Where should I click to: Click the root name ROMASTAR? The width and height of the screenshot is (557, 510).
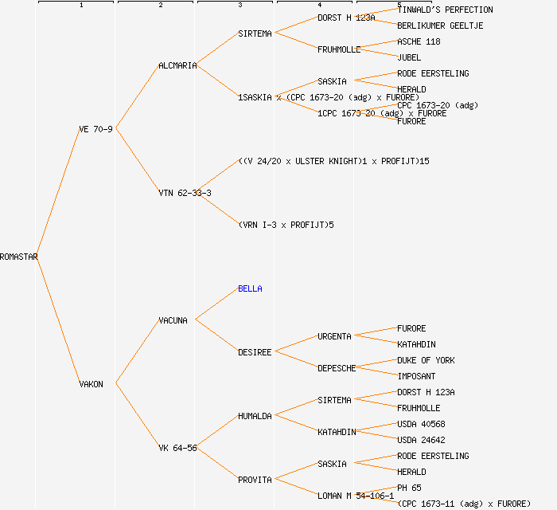pos(19,257)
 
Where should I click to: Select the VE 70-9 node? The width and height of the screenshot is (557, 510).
pos(95,129)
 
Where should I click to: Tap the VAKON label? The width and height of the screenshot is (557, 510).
pos(91,384)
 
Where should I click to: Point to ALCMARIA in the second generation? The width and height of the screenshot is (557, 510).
pos(177,65)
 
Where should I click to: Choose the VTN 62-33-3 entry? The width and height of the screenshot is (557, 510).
pos(185,193)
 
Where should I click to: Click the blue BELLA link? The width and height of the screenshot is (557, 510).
pos(250,288)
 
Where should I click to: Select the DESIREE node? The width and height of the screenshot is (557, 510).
pos(255,352)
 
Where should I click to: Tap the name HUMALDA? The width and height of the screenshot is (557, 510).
pos(255,416)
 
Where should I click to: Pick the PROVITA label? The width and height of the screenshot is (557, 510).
pos(255,480)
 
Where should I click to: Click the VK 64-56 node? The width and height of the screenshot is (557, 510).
pos(177,448)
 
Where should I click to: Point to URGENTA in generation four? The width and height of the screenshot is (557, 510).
pos(334,336)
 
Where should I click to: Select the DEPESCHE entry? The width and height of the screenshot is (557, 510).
pos(337,368)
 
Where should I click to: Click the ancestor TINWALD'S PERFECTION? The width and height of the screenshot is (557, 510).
pos(445,10)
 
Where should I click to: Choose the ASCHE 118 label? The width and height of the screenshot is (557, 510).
pos(419,41)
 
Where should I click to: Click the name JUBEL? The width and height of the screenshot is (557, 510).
pos(409,57)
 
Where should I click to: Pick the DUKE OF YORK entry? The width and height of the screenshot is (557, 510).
pos(426,360)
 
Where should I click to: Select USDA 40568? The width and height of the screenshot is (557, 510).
pos(421,424)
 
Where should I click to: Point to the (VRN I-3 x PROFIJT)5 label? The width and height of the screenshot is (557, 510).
pos(286,225)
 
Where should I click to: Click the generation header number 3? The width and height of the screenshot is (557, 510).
pos(240,6)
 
